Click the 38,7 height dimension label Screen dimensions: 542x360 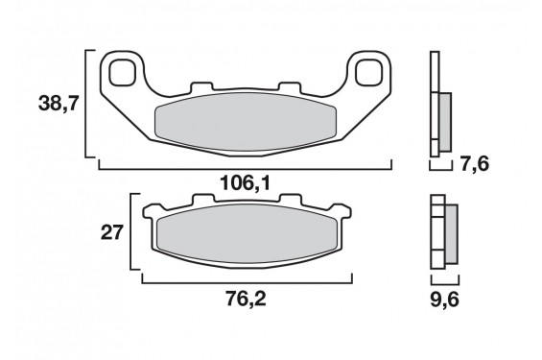(x=59, y=104)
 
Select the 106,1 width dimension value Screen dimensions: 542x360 (x=245, y=183)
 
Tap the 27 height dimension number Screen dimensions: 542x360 (x=111, y=232)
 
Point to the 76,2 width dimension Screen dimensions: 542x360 (x=247, y=299)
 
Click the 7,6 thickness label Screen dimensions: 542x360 (x=475, y=163)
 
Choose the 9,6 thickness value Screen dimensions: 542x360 (x=445, y=300)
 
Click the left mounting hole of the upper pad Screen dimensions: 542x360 (x=123, y=73)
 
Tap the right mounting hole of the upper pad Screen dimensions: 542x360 (x=369, y=73)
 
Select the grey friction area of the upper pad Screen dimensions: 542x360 (x=246, y=122)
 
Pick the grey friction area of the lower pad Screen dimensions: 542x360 (x=247, y=233)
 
